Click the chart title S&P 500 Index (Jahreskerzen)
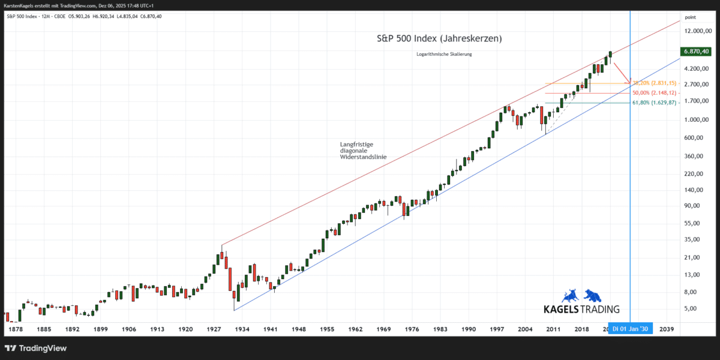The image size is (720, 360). (439, 38)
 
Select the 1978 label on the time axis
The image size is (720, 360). (15, 329)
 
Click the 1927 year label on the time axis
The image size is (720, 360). (214, 329)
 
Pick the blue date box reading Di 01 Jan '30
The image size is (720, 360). (629, 329)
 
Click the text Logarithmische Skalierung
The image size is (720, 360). (444, 55)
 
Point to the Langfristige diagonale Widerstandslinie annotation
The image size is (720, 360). (363, 151)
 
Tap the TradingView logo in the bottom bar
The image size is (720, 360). (36, 348)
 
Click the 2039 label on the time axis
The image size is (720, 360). (667, 329)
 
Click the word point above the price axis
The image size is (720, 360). (690, 18)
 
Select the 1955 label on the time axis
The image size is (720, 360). (327, 329)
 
